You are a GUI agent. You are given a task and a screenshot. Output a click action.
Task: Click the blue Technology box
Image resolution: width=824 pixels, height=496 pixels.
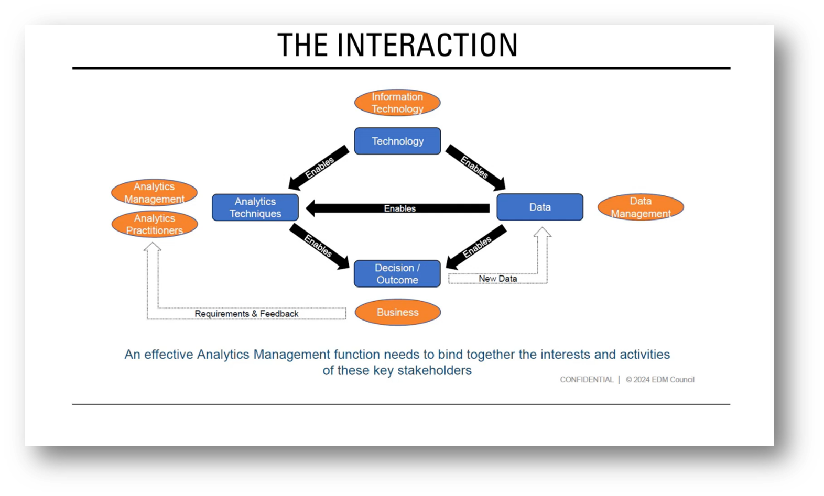click(397, 141)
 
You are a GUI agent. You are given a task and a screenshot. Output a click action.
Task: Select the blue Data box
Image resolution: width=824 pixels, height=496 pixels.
click(539, 207)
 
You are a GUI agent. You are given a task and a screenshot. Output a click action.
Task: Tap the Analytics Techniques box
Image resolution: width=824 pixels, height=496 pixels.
click(255, 207)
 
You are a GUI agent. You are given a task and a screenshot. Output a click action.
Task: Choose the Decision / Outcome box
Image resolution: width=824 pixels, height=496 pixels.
click(397, 273)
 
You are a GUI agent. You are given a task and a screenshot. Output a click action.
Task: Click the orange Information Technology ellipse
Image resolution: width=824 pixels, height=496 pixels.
click(397, 103)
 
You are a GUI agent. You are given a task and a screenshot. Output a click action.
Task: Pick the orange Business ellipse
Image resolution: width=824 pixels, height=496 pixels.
click(397, 313)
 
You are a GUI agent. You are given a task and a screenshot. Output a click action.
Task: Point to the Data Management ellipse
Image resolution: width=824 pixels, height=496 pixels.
click(641, 207)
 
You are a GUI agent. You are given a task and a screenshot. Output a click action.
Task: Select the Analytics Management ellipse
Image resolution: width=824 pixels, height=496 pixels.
click(154, 193)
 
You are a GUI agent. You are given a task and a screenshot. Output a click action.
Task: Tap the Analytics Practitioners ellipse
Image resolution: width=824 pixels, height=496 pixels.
click(155, 224)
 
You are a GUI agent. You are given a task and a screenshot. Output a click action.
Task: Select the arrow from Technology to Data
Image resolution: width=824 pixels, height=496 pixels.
click(475, 168)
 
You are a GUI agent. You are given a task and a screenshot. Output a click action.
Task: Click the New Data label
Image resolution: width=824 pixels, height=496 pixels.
click(497, 279)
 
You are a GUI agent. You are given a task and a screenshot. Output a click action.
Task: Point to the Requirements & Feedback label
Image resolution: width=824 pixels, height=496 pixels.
click(246, 314)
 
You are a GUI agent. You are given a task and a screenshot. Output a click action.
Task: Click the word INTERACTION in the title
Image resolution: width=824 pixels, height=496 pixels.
click(427, 45)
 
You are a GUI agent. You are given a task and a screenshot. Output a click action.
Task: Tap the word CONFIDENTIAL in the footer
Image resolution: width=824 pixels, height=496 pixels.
click(586, 380)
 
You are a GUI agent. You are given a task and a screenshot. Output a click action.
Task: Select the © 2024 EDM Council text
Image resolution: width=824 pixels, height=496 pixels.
click(660, 380)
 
